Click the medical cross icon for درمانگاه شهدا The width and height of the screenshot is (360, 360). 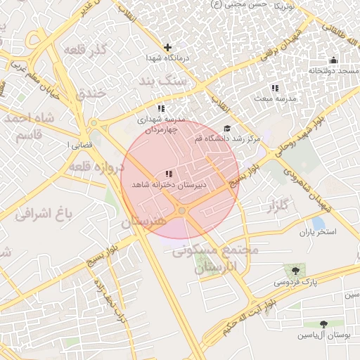pos(167,48)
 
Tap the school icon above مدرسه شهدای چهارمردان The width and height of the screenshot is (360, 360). pos(161,108)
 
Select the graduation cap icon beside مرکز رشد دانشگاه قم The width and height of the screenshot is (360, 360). pos(226,129)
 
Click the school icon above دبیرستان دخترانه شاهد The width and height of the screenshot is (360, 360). pos(167,174)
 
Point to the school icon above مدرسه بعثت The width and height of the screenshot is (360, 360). pos(275,88)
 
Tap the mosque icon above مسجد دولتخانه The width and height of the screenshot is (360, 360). pos(333,60)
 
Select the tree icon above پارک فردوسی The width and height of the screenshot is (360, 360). pos(294,271)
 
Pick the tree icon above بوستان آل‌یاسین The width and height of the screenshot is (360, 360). pos(323,324)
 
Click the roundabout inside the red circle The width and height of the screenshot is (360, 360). pos(182,210)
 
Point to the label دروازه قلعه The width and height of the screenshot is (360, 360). pos(97,166)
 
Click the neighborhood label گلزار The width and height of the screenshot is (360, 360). pos(279,206)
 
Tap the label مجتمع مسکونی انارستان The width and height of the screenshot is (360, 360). pos(225,258)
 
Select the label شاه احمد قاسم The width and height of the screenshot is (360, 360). pos(29,126)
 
